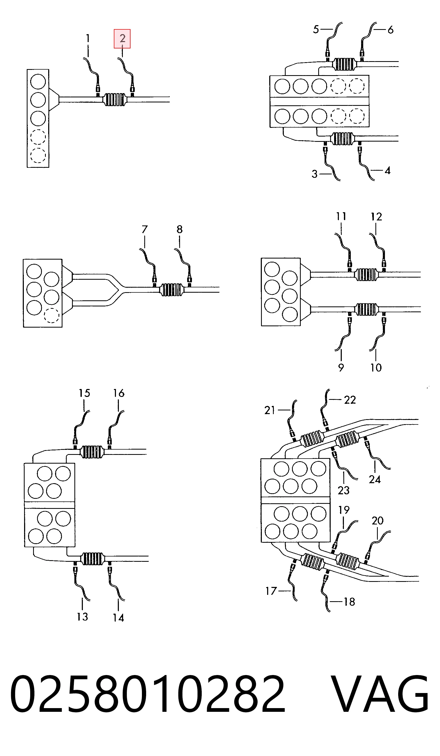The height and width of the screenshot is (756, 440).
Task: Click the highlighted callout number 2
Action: [x=122, y=38]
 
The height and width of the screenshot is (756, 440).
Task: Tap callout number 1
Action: [x=88, y=38]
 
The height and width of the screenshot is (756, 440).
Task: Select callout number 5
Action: [x=316, y=29]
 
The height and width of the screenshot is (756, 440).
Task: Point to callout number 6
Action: [x=390, y=30]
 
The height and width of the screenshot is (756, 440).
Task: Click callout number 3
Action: [x=314, y=174]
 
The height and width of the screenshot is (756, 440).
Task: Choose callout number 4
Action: [x=388, y=171]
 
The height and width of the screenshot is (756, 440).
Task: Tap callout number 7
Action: [x=145, y=229]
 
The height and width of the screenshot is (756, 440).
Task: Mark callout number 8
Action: [x=179, y=229]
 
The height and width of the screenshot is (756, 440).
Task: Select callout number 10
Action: [x=376, y=368]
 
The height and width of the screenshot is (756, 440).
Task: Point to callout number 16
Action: [x=119, y=393]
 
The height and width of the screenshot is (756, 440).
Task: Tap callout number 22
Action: [x=350, y=400]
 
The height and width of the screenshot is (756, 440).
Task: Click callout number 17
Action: [x=271, y=591]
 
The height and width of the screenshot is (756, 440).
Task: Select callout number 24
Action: [x=375, y=479]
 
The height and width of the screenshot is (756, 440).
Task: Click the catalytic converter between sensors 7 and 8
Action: [x=171, y=290]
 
